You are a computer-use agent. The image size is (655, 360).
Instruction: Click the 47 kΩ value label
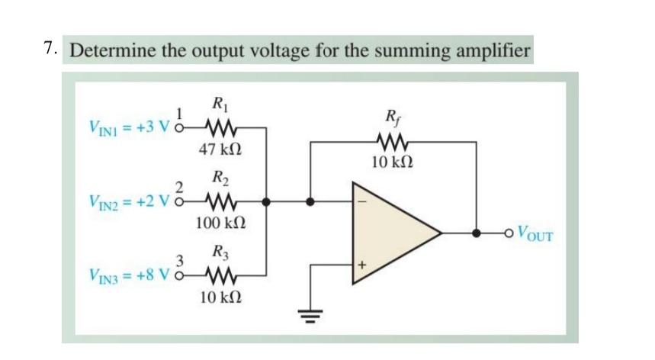pos(220,149)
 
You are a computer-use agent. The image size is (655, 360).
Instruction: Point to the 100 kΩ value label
pos(220,223)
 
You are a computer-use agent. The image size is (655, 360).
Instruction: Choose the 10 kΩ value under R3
pos(220,296)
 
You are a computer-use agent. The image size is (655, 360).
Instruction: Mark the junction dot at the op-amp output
pos(477,233)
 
